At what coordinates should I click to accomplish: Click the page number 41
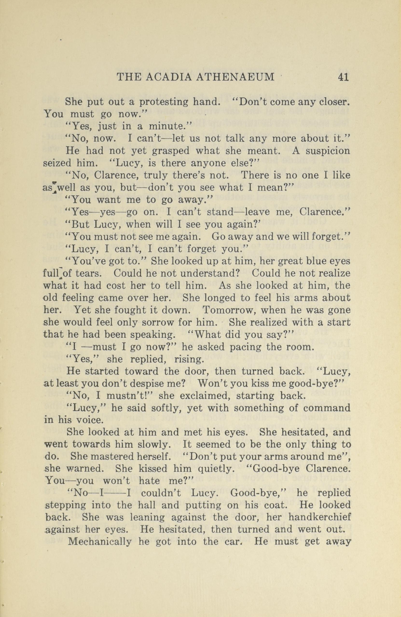pos(342,77)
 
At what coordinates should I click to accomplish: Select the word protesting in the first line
pos(164,102)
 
